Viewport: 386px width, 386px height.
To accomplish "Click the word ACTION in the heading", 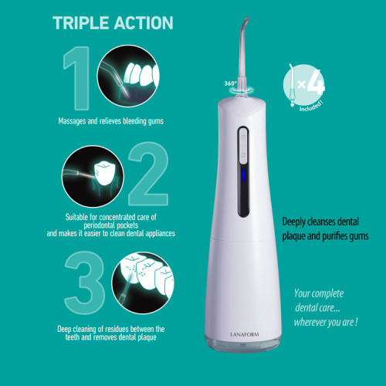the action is (144, 23).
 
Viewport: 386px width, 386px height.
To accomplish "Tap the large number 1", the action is (78, 78).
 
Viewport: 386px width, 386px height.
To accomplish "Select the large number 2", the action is (148, 174).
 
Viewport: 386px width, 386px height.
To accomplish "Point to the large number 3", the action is (85, 283).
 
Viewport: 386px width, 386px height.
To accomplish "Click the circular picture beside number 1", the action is (128, 76).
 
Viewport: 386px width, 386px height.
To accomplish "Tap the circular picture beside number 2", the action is (93, 176).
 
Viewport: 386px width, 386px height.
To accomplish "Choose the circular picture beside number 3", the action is (143, 283).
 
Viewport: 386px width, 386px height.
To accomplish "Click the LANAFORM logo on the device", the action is (245, 334).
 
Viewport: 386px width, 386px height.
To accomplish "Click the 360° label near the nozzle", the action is (230, 83).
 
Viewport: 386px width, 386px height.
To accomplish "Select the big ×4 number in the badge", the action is (311, 83).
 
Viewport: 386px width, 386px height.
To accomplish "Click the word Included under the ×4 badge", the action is (311, 107).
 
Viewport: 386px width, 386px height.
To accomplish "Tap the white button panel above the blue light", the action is (243, 146).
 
